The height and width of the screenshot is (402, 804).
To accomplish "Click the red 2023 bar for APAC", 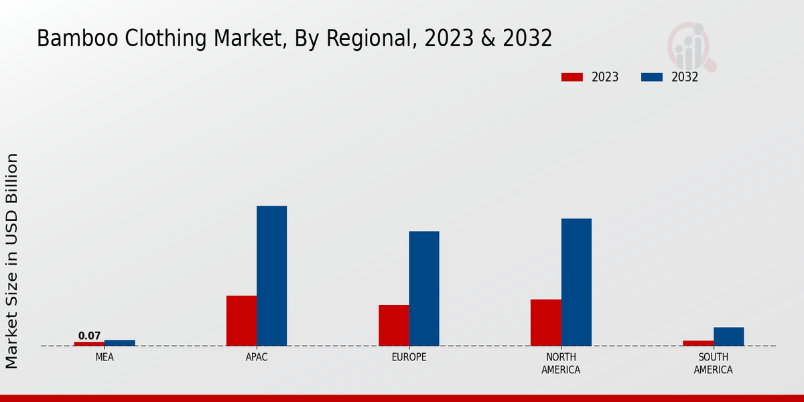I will click(x=241, y=320).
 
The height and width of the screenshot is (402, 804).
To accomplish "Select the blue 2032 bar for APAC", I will click(x=271, y=275).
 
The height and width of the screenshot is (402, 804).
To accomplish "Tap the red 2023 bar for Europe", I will click(x=393, y=325).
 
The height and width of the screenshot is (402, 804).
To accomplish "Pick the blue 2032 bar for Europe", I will click(x=424, y=288).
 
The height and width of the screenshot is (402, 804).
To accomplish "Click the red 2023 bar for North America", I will click(x=545, y=322).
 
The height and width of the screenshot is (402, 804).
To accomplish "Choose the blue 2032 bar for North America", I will click(x=576, y=282).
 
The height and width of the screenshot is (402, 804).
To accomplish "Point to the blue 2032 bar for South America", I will click(x=728, y=336).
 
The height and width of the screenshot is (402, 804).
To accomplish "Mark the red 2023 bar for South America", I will click(x=698, y=343).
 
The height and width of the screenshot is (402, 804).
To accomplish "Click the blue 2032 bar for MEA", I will click(x=119, y=343).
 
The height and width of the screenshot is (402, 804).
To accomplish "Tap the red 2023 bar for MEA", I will click(x=89, y=344).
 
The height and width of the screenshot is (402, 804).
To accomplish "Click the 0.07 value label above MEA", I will click(x=89, y=336).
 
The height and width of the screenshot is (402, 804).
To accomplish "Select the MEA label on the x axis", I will click(x=105, y=357).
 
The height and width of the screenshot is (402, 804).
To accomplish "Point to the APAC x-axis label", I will click(x=257, y=357).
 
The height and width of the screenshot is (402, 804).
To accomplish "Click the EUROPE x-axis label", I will click(x=409, y=357).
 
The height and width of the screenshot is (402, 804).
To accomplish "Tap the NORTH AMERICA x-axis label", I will click(x=561, y=363).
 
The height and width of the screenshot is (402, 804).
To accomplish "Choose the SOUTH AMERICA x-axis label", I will click(x=713, y=363).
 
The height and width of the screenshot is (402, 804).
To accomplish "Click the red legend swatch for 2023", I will click(x=572, y=77).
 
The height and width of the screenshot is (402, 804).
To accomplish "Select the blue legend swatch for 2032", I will click(x=651, y=77).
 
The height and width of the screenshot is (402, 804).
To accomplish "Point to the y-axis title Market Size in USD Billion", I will click(x=12, y=261).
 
